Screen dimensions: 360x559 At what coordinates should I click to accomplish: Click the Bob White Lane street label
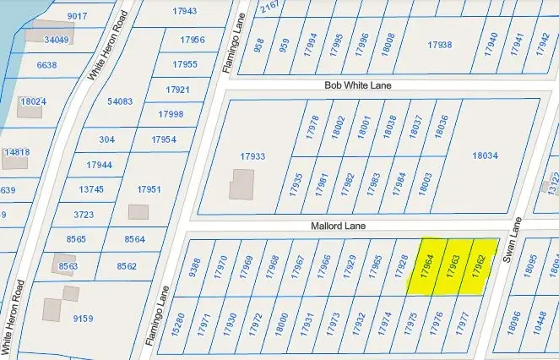click(358, 85)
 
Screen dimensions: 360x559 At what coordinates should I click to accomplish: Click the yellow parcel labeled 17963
click(453, 266)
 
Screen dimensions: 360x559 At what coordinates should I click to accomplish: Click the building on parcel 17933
click(242, 185)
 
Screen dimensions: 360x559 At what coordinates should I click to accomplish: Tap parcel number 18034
click(486, 155)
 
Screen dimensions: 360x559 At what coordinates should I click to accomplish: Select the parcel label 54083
click(120, 101)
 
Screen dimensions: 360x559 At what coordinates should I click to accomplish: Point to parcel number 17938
click(439, 45)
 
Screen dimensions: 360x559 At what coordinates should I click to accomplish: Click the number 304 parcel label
click(107, 139)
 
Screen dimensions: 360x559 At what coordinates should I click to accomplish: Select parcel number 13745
click(90, 189)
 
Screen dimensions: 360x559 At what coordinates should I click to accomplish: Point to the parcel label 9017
click(77, 16)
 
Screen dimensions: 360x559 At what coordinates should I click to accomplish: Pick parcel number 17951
click(149, 189)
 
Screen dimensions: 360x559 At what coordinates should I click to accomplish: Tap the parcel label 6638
click(46, 65)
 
